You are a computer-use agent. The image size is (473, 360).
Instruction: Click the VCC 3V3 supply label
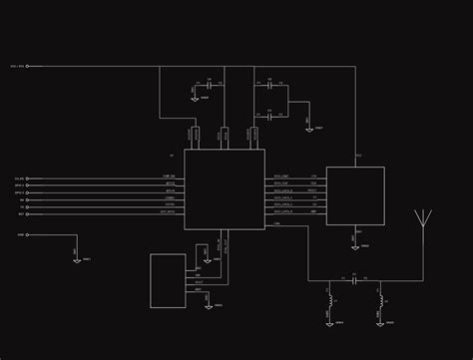(x=17, y=67)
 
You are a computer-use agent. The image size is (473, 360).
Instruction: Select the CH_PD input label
(x=20, y=179)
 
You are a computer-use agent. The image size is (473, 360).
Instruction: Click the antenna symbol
(x=424, y=220)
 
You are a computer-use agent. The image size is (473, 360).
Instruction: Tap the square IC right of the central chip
(x=355, y=196)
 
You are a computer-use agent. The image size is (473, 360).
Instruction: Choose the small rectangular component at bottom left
(x=168, y=280)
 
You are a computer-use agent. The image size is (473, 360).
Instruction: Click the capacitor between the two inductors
(x=353, y=281)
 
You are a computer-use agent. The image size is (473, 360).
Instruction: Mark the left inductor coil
(x=329, y=300)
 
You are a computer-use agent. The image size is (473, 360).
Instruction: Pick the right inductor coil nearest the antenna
(x=380, y=300)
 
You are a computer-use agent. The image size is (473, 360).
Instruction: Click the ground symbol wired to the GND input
(x=77, y=257)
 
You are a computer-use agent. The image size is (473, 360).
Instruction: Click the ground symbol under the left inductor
(x=329, y=319)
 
